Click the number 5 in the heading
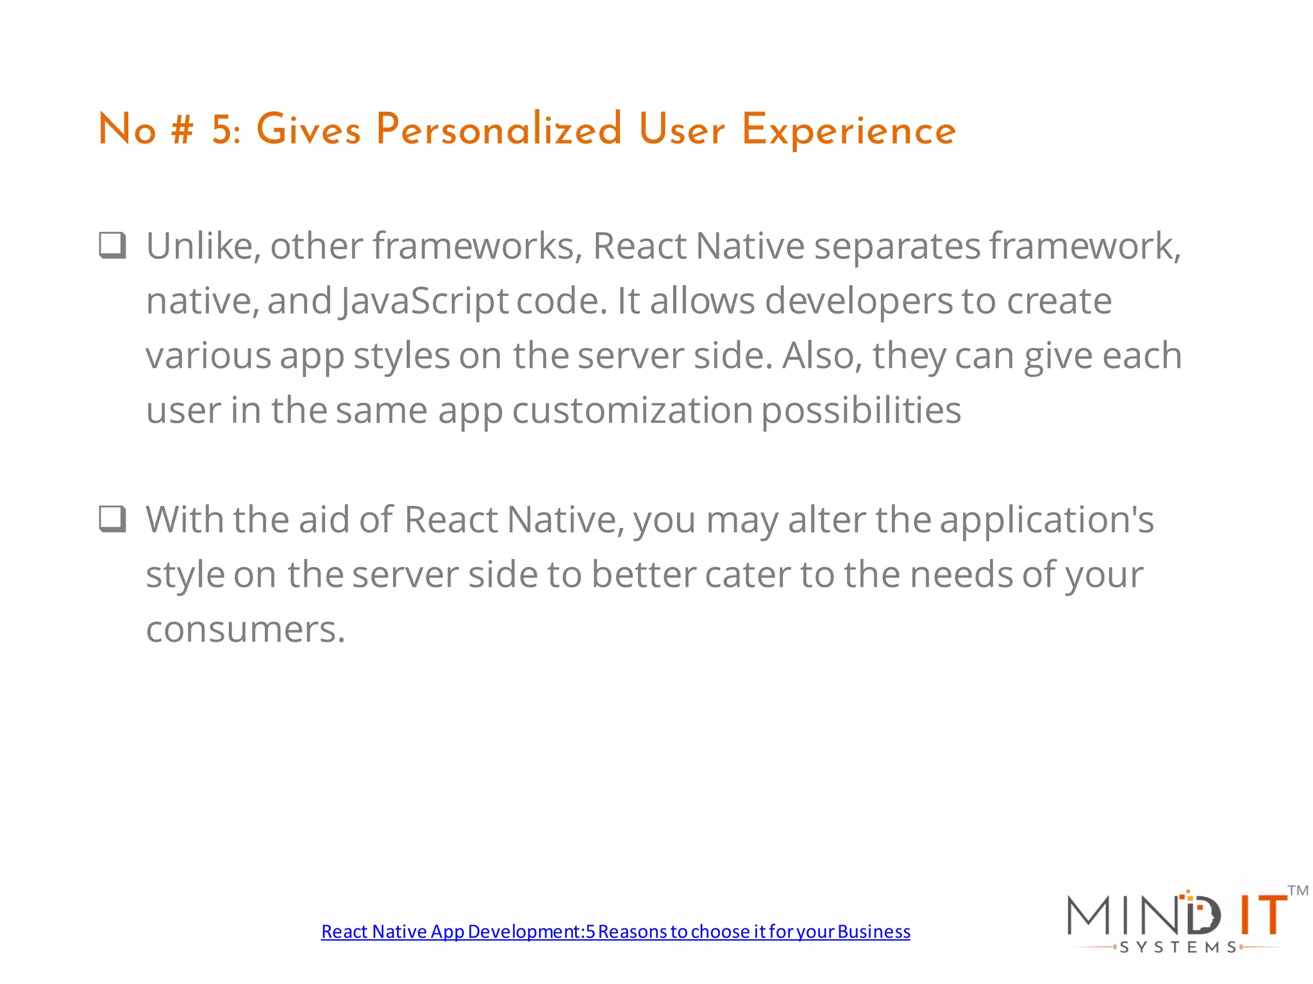click(x=222, y=130)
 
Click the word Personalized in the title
click(x=499, y=130)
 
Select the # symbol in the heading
click(x=182, y=130)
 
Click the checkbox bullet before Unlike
click(x=113, y=245)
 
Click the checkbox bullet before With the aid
click(x=113, y=519)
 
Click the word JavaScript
click(x=424, y=301)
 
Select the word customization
click(x=632, y=410)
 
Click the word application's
click(x=1046, y=520)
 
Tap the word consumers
click(x=245, y=629)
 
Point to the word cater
click(x=747, y=575)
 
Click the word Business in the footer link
click(x=873, y=931)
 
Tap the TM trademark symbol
click(x=1298, y=890)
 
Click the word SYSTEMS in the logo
click(x=1178, y=947)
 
